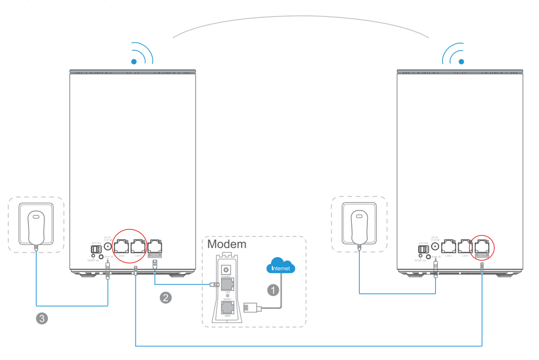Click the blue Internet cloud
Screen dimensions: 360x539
coord(281,266)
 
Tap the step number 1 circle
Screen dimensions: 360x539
coord(273,290)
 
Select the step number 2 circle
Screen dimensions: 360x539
coord(165,297)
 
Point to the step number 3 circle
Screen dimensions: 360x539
coord(42,318)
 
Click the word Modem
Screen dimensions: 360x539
coord(227,244)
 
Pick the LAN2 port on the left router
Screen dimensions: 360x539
coord(121,246)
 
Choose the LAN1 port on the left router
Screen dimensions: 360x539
coord(138,246)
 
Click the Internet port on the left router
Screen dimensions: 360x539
coord(155,246)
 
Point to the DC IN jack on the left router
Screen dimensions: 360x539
coord(108,246)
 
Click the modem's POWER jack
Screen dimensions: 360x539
coord(228,270)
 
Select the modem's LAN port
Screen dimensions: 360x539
coord(228,284)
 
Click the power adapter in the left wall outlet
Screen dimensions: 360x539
coord(36,227)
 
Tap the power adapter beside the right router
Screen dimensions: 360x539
coord(359,227)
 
